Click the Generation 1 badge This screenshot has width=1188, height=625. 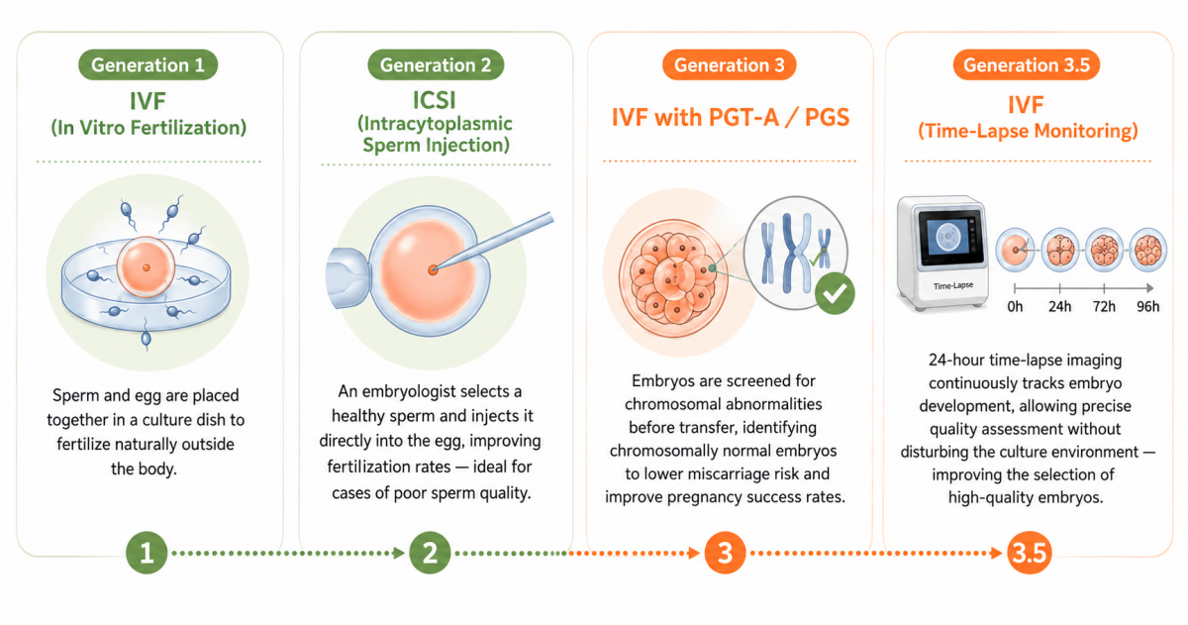tap(148, 64)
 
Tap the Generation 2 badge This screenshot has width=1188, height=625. tap(436, 64)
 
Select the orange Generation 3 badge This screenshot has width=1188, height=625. tap(730, 64)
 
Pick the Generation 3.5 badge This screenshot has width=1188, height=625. tap(1027, 64)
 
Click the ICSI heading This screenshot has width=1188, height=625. tap(435, 100)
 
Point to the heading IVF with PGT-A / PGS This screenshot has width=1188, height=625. tap(731, 117)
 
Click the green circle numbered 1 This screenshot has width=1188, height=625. tap(147, 553)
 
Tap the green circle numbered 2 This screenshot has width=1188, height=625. tap(430, 553)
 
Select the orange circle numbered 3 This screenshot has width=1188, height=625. tap(725, 553)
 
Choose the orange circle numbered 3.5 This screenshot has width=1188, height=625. tap(1029, 553)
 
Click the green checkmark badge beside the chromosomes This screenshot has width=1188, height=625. tap(835, 293)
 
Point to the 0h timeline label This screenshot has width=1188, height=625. tap(1015, 307)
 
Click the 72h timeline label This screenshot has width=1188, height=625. tap(1104, 307)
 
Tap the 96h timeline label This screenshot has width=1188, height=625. tap(1147, 307)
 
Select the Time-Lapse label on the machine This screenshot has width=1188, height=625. tap(953, 286)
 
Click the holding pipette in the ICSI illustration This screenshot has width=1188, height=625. tap(347, 277)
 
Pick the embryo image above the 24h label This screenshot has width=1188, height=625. tap(1060, 250)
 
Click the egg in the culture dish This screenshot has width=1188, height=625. tap(146, 266)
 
